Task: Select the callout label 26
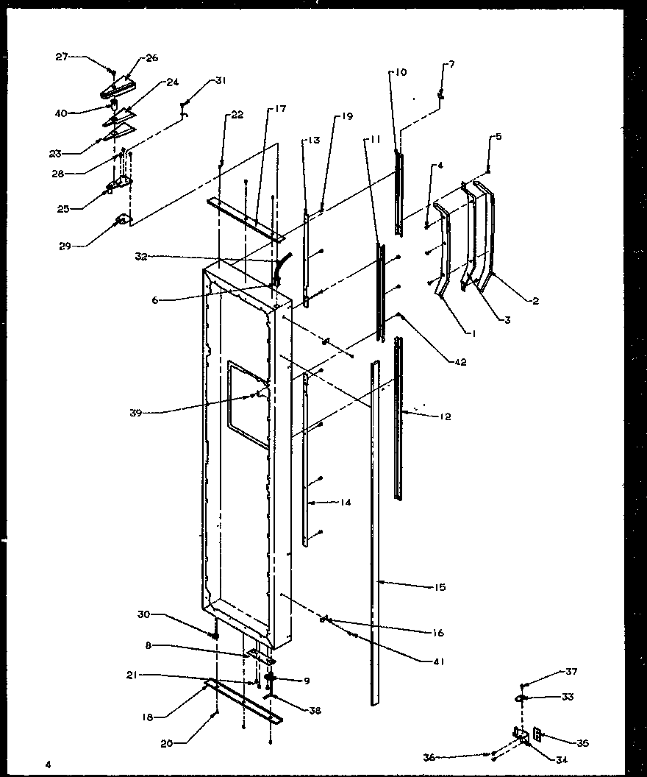coord(152,57)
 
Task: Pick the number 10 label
coord(400,72)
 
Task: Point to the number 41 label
coord(440,660)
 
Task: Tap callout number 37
coord(571,671)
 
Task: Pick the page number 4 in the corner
coord(49,764)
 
